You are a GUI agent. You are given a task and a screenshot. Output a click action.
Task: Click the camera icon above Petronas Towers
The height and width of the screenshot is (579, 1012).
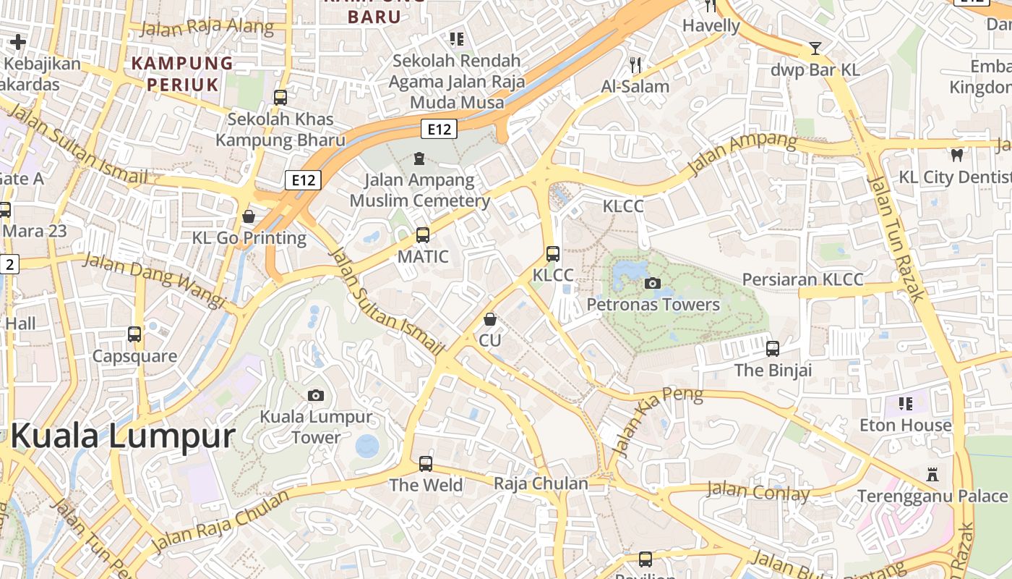pyautogui.click(x=653, y=283)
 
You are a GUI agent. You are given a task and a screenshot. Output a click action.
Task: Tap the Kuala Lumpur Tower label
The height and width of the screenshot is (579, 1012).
pyautogui.click(x=316, y=427)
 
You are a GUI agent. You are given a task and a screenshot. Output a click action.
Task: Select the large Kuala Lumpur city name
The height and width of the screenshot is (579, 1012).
pyautogui.click(x=123, y=436)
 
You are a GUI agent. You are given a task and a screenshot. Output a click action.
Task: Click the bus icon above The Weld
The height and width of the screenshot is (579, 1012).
pyautogui.click(x=426, y=463)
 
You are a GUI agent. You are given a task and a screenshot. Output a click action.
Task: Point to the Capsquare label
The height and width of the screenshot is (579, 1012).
pyautogui.click(x=134, y=356)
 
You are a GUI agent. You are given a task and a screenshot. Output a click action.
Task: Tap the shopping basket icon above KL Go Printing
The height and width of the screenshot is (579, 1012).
pyautogui.click(x=249, y=216)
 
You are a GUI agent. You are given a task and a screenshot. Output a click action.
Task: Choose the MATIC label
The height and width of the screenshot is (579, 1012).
pyautogui.click(x=423, y=257)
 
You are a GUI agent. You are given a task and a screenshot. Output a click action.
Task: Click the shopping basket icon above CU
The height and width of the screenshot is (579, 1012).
pyautogui.click(x=490, y=319)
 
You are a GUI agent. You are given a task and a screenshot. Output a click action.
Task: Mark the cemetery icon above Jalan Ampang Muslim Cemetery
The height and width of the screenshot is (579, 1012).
pyautogui.click(x=419, y=158)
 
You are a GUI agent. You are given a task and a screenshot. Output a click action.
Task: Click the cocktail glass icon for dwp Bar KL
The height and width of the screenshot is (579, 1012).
pyautogui.click(x=815, y=48)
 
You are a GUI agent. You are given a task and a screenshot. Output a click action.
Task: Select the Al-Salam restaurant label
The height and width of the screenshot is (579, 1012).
pyautogui.click(x=635, y=86)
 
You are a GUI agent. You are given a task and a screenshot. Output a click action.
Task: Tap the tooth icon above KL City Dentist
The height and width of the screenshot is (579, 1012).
pyautogui.click(x=957, y=155)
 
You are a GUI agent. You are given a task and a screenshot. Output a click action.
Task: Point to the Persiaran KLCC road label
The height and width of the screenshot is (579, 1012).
pyautogui.click(x=802, y=279)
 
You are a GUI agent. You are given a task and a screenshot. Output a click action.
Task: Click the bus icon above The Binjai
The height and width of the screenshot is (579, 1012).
pyautogui.click(x=773, y=349)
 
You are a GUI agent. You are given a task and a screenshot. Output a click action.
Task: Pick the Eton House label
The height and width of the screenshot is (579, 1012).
pyautogui.click(x=905, y=426)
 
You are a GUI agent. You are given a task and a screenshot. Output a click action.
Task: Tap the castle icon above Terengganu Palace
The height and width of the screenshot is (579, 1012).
pyautogui.click(x=932, y=475)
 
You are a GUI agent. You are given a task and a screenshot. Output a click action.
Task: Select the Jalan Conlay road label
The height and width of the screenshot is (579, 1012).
pyautogui.click(x=758, y=491)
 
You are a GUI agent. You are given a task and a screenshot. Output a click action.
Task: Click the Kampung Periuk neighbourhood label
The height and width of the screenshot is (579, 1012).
pyautogui.click(x=182, y=74)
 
